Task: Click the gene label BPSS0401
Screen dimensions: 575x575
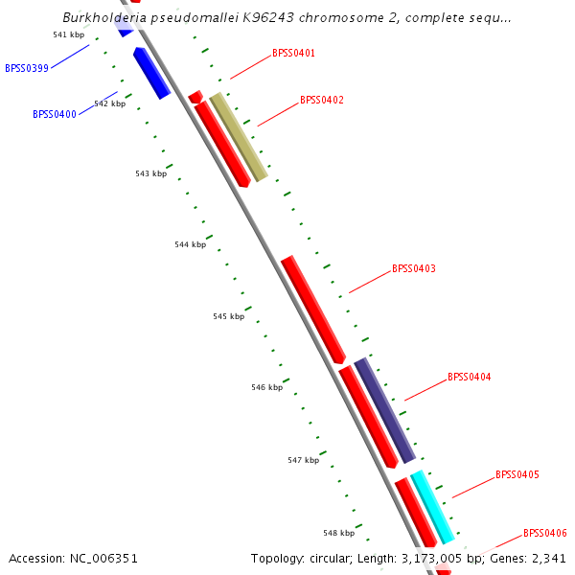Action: [293, 54]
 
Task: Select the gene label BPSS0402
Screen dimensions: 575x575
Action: [321, 100]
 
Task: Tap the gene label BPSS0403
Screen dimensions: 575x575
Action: [413, 268]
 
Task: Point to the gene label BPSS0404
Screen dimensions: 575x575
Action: [469, 377]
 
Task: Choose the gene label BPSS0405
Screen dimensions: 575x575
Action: [517, 474]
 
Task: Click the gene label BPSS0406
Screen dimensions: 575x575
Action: [544, 533]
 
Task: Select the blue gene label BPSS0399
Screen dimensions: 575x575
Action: [27, 68]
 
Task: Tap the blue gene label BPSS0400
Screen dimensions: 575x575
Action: [55, 114]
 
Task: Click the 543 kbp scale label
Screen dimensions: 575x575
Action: [150, 173]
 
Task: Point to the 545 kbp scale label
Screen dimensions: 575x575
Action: [228, 316]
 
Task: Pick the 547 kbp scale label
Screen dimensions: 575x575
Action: [303, 460]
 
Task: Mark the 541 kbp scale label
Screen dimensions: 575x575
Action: [69, 34]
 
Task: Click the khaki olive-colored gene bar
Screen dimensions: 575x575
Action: [238, 137]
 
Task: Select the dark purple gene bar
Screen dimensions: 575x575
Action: [384, 410]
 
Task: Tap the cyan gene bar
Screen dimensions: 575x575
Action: [432, 507]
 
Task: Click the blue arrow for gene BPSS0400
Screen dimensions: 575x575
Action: [151, 74]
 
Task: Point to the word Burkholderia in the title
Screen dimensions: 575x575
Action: [103, 17]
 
